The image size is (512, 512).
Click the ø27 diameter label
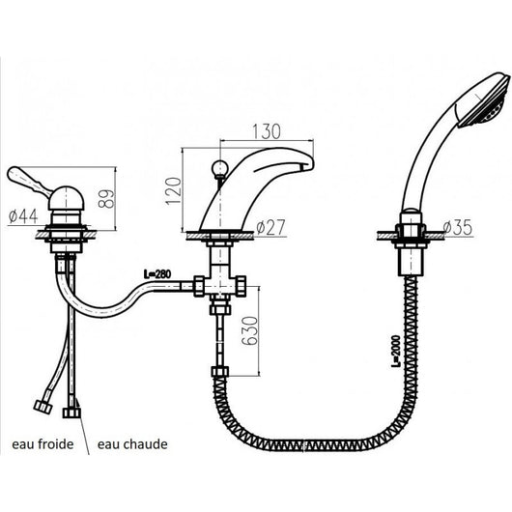click(x=275, y=228)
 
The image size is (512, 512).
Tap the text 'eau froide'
click(x=41, y=445)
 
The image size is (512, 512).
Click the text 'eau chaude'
click(x=132, y=445)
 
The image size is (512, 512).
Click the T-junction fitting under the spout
click(x=220, y=287)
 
